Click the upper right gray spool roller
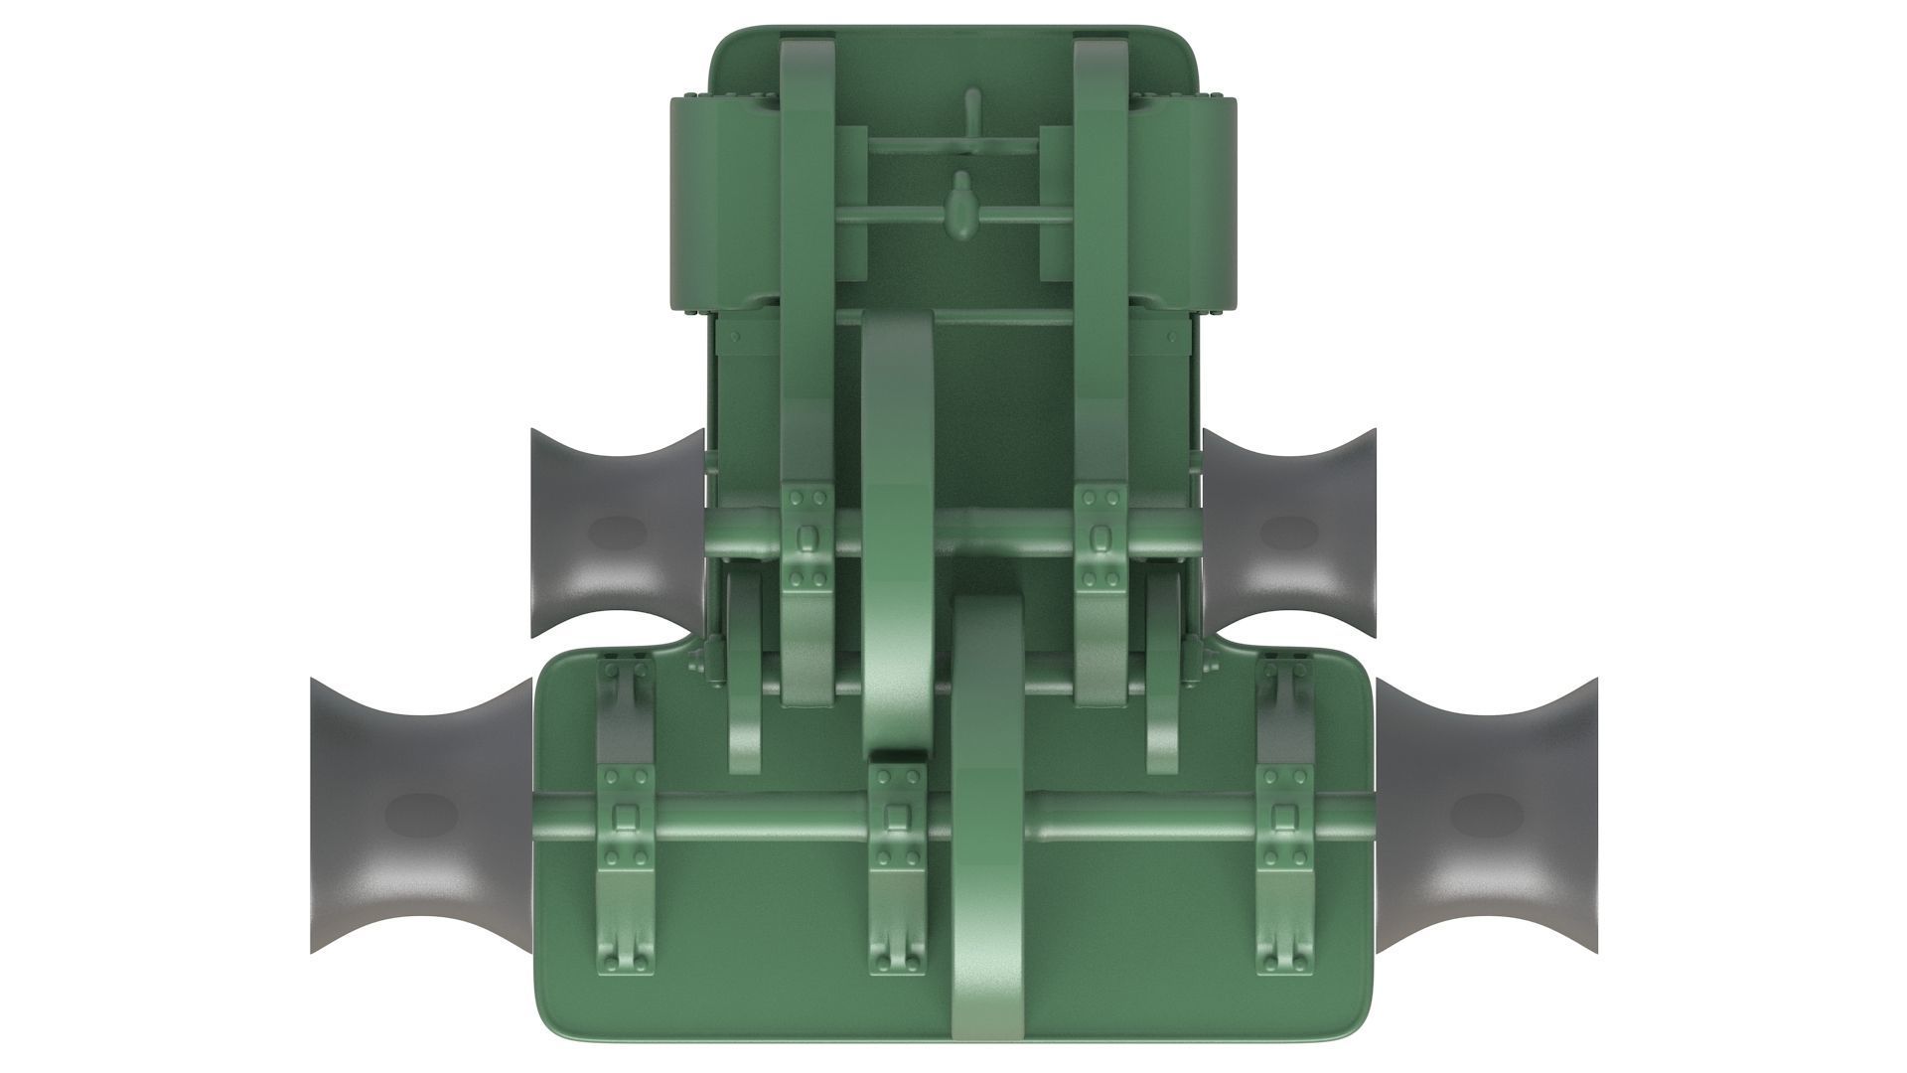point(1289,534)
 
